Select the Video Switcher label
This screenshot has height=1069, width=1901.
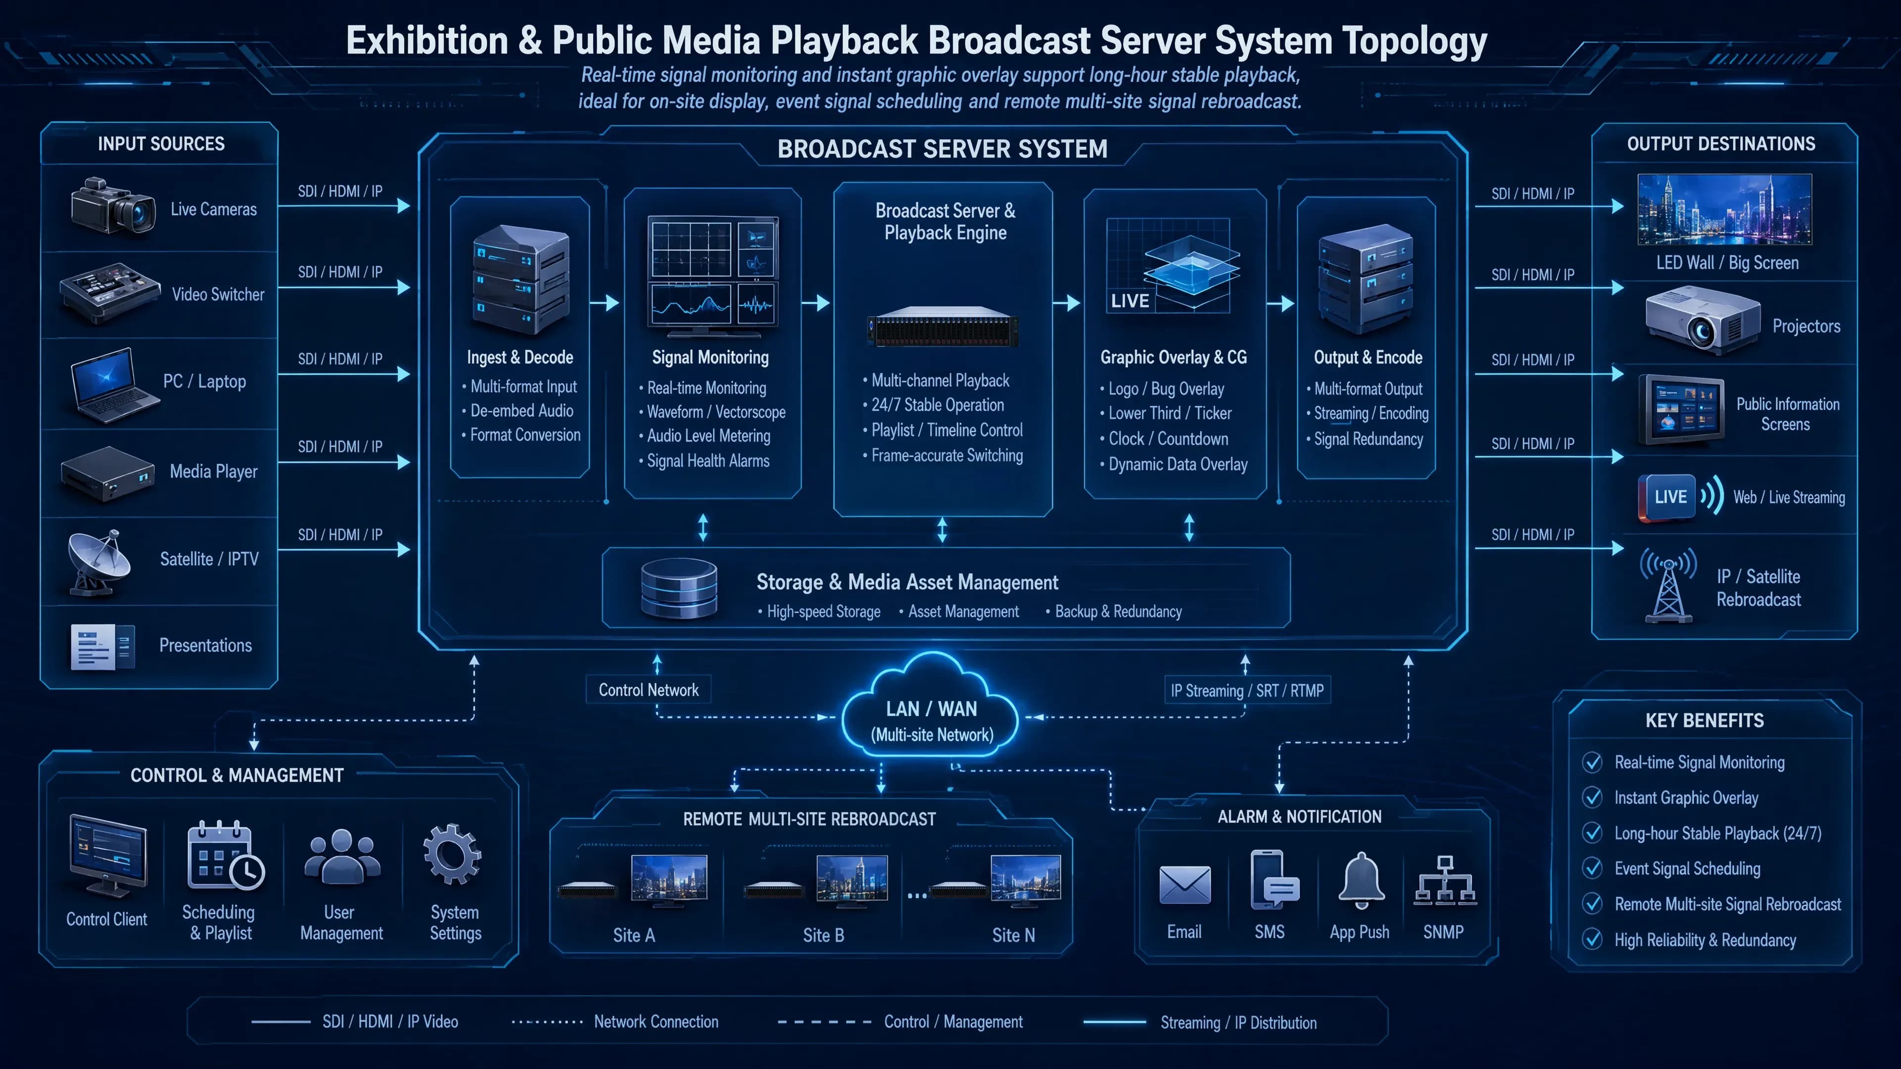tap(218, 294)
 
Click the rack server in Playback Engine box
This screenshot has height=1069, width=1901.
tap(943, 327)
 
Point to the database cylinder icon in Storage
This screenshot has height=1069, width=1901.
tap(679, 588)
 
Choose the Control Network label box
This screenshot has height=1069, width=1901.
tap(648, 690)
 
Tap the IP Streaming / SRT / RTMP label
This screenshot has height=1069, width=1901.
tap(1247, 690)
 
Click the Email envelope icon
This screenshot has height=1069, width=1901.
tap(1185, 884)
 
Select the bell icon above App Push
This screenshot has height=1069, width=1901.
tap(1361, 879)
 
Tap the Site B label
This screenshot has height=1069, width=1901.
tap(824, 935)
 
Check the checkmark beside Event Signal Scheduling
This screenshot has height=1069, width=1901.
tap(1593, 869)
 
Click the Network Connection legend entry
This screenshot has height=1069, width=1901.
tap(615, 1022)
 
